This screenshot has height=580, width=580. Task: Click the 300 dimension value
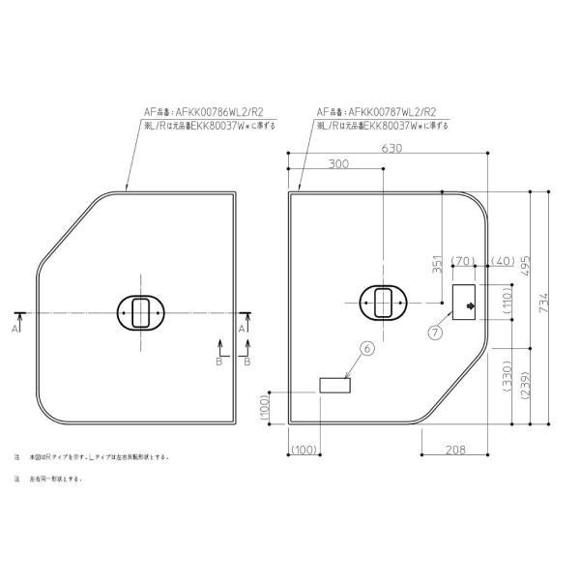(x=337, y=165)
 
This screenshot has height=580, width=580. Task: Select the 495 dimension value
(x=528, y=264)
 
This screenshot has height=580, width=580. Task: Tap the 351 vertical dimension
(x=437, y=266)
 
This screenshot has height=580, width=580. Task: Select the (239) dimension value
(x=528, y=385)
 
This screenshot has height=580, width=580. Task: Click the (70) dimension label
(x=461, y=262)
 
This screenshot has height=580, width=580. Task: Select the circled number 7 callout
(x=435, y=331)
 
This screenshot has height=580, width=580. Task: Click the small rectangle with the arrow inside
(x=466, y=303)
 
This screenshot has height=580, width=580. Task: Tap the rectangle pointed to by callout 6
(x=334, y=386)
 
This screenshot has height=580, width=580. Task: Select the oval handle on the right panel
(x=384, y=303)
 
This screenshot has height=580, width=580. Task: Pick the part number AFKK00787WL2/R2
(x=379, y=111)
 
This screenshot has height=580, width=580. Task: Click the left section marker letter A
(x=16, y=329)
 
